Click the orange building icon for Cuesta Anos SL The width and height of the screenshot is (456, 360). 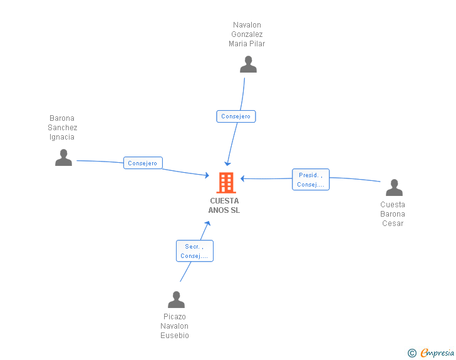pos(226,183)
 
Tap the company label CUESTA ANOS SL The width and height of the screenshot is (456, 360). pos(224,205)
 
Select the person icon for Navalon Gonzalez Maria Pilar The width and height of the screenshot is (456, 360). pos(248,64)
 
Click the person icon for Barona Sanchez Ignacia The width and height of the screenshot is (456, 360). pos(63,158)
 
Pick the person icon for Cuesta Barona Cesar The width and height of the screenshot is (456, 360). pos(393,188)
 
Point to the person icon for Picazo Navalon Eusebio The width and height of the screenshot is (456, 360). pos(176,300)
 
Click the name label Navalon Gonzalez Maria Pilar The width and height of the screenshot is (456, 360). pos(247,34)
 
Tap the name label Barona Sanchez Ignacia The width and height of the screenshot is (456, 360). pos(63,128)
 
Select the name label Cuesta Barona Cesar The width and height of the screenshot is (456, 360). pos(393,214)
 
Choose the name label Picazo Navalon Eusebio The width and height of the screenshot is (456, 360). pos(175,326)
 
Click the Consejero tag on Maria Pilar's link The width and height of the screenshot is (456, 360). pos(236,116)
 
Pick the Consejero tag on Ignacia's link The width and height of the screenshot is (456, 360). pos(143,163)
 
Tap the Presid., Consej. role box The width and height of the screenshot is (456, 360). pos(311,180)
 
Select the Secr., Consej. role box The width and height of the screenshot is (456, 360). pos(194,251)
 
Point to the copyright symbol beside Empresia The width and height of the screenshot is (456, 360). pos(412,353)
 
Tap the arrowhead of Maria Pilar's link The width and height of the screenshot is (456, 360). pos(228,163)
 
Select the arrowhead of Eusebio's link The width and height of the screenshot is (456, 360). pos(209,224)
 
